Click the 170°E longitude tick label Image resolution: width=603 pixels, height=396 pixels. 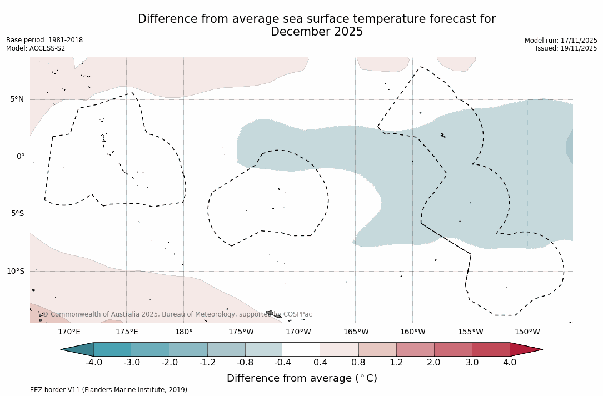click(x=69, y=332)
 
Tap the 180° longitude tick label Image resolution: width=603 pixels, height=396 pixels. click(x=183, y=332)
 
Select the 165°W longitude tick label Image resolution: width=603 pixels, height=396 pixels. click(x=356, y=332)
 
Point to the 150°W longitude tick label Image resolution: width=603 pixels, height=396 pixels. click(x=527, y=332)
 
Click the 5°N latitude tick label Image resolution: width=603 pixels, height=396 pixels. click(x=17, y=99)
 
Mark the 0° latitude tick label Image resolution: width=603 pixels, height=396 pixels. click(x=20, y=157)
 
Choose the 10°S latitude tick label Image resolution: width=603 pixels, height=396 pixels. click(x=15, y=272)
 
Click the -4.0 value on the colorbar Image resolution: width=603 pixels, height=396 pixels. click(x=94, y=363)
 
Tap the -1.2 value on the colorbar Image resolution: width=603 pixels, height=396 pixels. click(x=207, y=363)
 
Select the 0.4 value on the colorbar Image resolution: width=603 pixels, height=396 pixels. click(x=321, y=363)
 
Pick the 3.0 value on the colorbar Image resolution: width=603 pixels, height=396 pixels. click(x=472, y=363)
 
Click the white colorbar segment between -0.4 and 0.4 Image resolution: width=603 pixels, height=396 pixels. click(x=302, y=349)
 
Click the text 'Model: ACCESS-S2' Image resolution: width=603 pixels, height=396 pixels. click(x=36, y=48)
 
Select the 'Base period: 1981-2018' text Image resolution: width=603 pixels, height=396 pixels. click(x=44, y=40)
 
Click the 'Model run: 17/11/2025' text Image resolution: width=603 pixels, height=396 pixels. click(x=561, y=41)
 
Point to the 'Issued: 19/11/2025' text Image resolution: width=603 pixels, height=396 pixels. click(x=566, y=48)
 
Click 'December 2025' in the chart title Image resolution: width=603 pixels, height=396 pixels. click(x=317, y=32)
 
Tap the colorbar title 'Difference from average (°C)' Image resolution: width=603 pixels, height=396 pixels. click(x=302, y=378)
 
